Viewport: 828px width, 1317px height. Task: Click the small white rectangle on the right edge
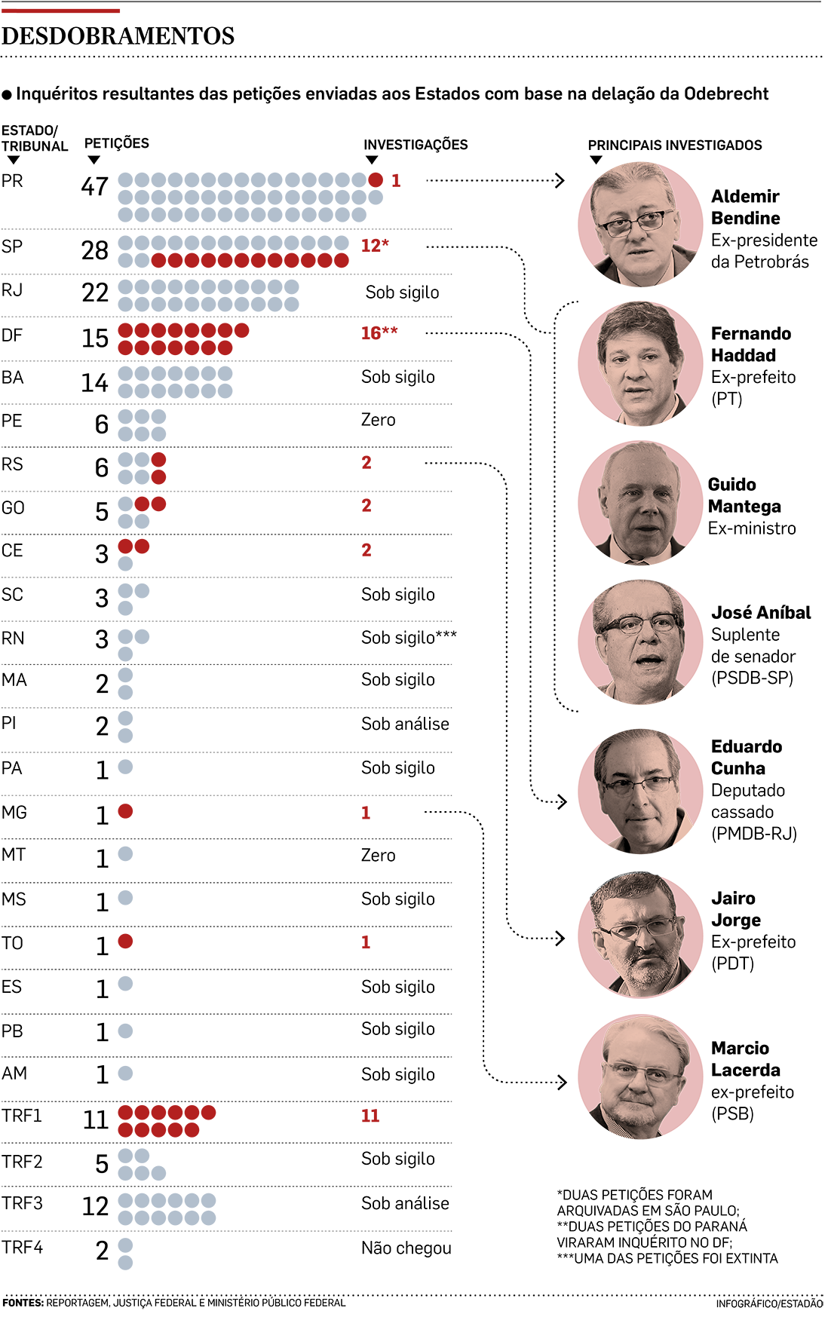[797, 768]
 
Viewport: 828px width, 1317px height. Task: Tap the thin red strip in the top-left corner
[64, 13]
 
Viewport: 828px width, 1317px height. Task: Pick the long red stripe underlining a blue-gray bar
[253, 262]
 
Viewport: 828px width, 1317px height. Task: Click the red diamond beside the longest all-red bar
[376, 335]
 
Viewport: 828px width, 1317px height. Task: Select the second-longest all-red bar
[167, 1121]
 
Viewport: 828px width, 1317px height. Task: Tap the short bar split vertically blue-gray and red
[147, 469]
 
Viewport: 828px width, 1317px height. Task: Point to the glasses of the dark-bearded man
[635, 930]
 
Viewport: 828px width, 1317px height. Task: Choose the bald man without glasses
[641, 505]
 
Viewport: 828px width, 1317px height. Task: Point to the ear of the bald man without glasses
[604, 498]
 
